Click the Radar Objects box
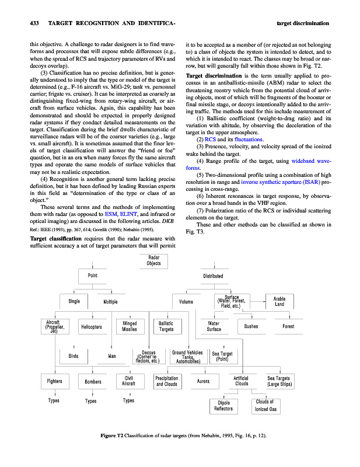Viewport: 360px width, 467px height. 154,260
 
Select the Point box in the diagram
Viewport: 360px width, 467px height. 92,276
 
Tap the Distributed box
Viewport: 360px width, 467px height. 213,276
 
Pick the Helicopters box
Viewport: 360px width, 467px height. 92,326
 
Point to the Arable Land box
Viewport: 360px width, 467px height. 279,301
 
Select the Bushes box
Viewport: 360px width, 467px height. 251,326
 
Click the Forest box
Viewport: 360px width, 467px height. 288,326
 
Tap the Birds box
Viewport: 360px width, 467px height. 74,356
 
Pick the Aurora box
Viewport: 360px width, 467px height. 203,381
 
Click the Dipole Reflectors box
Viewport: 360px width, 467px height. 225,406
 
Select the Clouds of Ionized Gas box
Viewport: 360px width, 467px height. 265,406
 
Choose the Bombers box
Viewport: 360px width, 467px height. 93,382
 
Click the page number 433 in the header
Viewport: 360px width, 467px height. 34,23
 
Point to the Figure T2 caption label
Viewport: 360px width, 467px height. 112,436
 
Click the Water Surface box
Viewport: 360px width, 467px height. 214,326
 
